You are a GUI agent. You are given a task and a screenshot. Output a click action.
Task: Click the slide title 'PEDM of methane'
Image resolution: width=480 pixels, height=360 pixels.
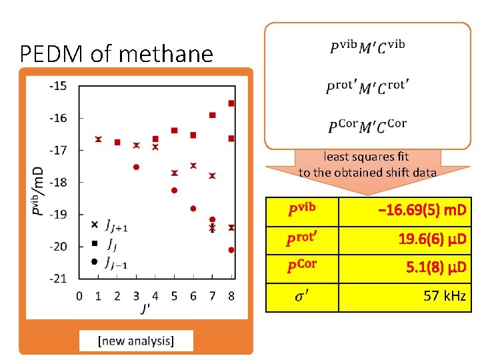(117, 53)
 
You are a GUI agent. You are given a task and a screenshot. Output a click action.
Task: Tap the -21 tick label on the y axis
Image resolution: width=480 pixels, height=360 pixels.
(57, 278)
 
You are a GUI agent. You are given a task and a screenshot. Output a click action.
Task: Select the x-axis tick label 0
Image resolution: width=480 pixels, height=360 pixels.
(79, 295)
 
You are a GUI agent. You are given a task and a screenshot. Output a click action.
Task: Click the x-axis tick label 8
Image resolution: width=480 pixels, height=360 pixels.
(231, 295)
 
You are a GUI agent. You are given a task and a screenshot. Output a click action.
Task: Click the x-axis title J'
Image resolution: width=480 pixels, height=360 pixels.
(145, 308)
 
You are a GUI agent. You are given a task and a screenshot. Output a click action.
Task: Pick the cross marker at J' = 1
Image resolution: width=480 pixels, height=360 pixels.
(98, 139)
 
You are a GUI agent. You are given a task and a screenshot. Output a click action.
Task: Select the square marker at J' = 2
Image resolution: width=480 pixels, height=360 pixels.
(117, 142)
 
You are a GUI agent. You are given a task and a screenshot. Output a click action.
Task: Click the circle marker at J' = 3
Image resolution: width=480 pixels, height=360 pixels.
(136, 167)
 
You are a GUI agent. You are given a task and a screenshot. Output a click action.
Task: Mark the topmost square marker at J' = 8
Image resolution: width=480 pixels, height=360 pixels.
(231, 103)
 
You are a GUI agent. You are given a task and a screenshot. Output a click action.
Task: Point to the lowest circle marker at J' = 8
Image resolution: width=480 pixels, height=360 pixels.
(231, 250)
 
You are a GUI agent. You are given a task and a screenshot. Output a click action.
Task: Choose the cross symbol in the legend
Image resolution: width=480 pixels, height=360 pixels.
(94, 225)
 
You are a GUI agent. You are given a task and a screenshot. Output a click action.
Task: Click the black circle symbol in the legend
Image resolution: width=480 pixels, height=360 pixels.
(94, 261)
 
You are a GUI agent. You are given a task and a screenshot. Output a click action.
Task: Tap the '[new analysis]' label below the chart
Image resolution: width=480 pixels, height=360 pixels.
(136, 341)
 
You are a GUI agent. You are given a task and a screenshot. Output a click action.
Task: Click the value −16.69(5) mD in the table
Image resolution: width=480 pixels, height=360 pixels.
(422, 212)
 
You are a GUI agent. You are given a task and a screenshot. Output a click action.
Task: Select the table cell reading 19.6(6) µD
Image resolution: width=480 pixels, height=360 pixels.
(432, 240)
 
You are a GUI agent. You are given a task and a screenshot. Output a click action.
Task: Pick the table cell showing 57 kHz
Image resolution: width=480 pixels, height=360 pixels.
(445, 296)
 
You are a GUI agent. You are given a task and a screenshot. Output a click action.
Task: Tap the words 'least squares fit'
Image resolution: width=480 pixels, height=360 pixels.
(366, 157)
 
